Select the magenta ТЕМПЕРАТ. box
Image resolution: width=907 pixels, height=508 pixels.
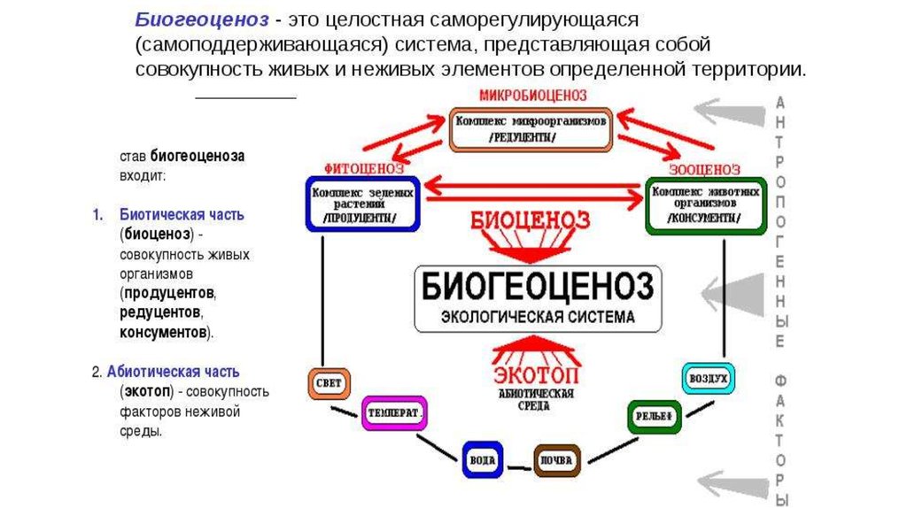click(395, 412)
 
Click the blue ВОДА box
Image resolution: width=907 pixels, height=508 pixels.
click(481, 459)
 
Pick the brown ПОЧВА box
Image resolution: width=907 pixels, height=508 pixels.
click(556, 459)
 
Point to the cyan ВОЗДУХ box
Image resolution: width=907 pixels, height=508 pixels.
click(708, 378)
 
